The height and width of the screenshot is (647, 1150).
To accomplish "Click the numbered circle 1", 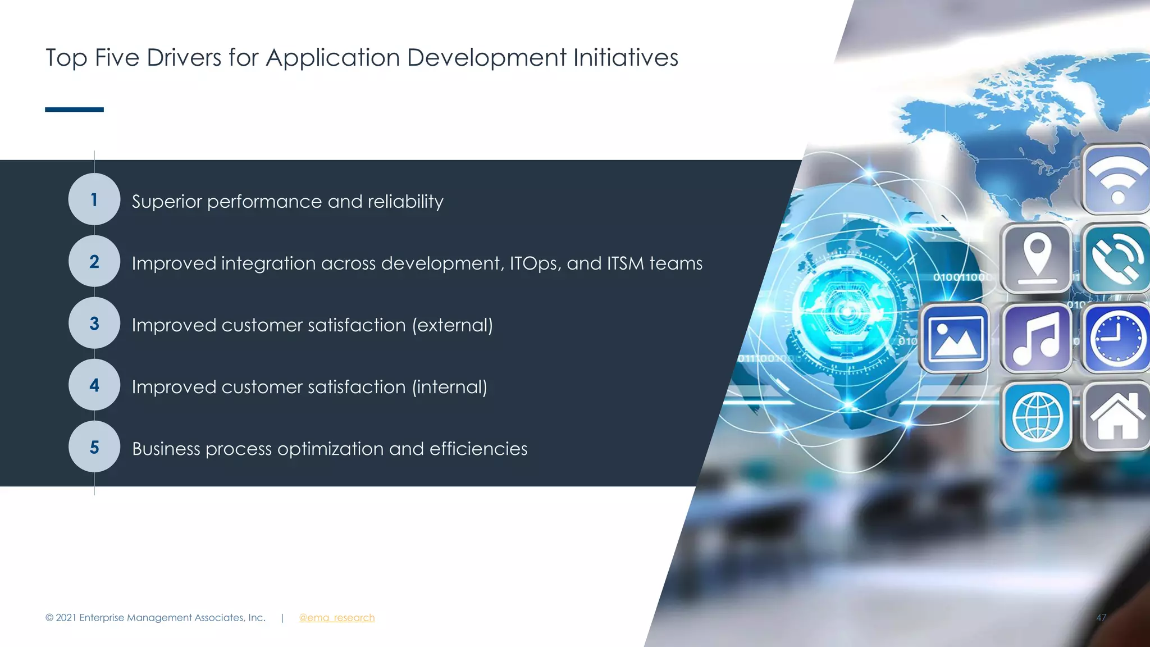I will (x=94, y=199).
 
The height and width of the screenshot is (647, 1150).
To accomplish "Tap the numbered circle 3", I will (x=94, y=323).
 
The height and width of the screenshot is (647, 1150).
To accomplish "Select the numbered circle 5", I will (x=94, y=446).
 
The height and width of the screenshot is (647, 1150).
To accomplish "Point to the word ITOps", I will (x=533, y=263).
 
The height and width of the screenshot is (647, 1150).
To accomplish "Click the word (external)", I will (x=452, y=325).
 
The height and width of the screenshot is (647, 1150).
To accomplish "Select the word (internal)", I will (x=449, y=387).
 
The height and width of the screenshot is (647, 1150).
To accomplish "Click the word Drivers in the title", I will (x=184, y=57).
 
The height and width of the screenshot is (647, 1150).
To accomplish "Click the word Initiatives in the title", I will (x=626, y=57).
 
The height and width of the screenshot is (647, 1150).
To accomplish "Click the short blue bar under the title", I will (x=74, y=110).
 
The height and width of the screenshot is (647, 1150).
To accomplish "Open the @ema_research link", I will (x=336, y=618).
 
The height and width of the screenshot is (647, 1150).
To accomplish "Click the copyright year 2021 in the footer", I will (x=66, y=618).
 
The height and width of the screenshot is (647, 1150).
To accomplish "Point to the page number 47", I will (x=1101, y=618).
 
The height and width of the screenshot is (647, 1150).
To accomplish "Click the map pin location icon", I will (x=1037, y=257).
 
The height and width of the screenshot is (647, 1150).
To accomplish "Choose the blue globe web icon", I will (x=1037, y=417).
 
